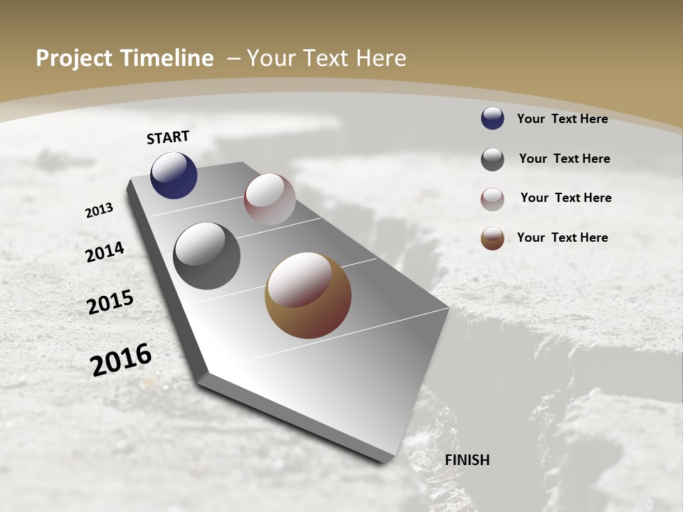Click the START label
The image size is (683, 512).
click(168, 137)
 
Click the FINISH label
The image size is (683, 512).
click(467, 460)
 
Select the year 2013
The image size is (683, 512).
click(100, 210)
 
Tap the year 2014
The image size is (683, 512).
click(105, 252)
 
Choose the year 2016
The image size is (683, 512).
click(121, 360)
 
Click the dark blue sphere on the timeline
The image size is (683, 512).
click(174, 176)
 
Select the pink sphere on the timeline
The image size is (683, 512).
click(270, 199)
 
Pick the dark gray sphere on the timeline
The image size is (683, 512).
click(207, 256)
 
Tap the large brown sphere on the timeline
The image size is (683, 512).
click(308, 295)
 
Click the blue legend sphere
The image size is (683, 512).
click(492, 119)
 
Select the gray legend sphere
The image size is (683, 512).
click(492, 159)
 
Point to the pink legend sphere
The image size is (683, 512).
click(492, 199)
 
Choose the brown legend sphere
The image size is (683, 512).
click(492, 238)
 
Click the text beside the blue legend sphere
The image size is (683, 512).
click(562, 119)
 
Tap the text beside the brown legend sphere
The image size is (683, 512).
click(562, 238)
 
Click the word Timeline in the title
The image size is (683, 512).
click(168, 58)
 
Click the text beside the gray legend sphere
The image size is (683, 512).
click(564, 159)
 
